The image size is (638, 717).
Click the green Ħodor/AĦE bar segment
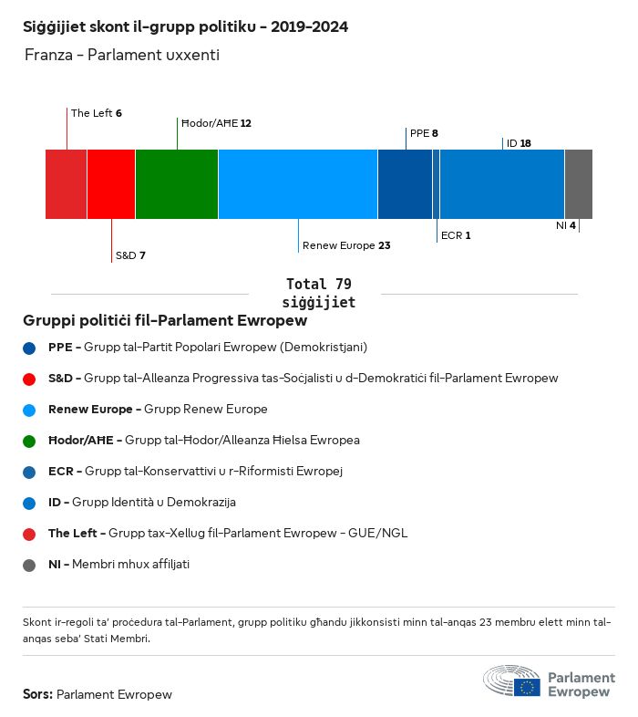pyautogui.click(x=176, y=183)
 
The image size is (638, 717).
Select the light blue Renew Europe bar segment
pyautogui.click(x=297, y=183)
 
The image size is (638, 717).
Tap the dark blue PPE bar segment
pyautogui.click(x=405, y=183)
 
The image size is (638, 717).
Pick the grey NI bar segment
pyautogui.click(x=578, y=183)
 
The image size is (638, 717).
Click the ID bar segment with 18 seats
pyautogui.click(x=502, y=183)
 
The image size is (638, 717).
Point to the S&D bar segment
pyautogui.click(x=111, y=183)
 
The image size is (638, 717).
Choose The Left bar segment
pyautogui.click(x=66, y=183)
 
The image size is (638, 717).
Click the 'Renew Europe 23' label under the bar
pyautogui.click(x=346, y=245)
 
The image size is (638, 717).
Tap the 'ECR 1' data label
pyautogui.click(x=455, y=235)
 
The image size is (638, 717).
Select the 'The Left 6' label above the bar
pyautogui.click(x=97, y=113)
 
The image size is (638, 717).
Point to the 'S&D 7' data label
pyautogui.click(x=130, y=255)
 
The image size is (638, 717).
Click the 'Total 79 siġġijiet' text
pyautogui.click(x=318, y=293)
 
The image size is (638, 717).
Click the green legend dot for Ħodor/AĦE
pyautogui.click(x=29, y=441)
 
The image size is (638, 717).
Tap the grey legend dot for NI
pyautogui.click(x=29, y=565)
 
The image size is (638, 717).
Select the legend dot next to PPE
pyautogui.click(x=29, y=348)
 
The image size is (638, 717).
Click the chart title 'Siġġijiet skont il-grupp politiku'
pyautogui.click(x=185, y=26)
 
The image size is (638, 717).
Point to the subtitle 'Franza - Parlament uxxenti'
pyautogui.click(x=122, y=56)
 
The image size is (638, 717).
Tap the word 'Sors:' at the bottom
pyautogui.click(x=37, y=694)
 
